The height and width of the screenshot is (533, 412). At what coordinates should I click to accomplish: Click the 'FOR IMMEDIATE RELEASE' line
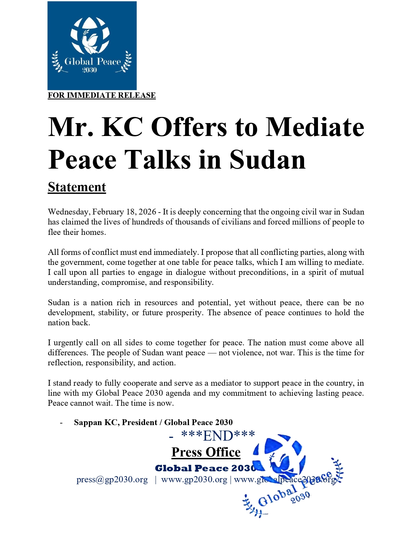pos(101,95)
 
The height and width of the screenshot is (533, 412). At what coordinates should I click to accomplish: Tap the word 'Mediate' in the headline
pos(315,127)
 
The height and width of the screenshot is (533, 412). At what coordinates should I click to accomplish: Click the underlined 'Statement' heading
pos(77,187)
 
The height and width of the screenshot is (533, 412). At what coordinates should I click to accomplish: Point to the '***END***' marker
pos(218,436)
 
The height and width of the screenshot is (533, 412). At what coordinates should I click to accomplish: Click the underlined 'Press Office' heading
pos(206,452)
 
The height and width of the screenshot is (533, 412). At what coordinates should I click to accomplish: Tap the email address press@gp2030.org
pos(112,480)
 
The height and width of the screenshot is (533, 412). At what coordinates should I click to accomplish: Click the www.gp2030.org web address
pos(194,480)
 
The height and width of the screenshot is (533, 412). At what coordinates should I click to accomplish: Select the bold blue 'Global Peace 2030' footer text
pos(206,468)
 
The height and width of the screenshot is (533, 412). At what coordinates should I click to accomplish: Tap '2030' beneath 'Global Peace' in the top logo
pos(90,70)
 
